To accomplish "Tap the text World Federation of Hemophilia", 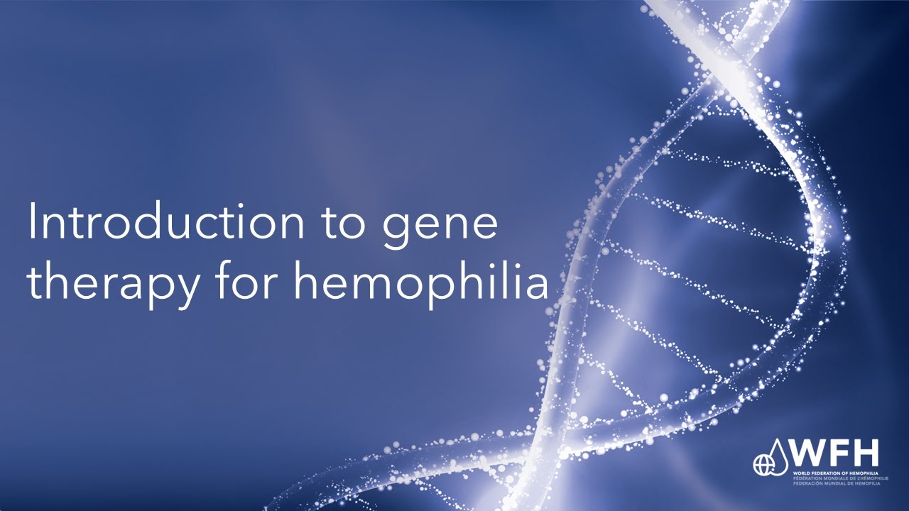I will coord(835,472).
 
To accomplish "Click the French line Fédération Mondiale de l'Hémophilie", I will coord(835,478).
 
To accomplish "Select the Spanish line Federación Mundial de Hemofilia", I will coord(835,483).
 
